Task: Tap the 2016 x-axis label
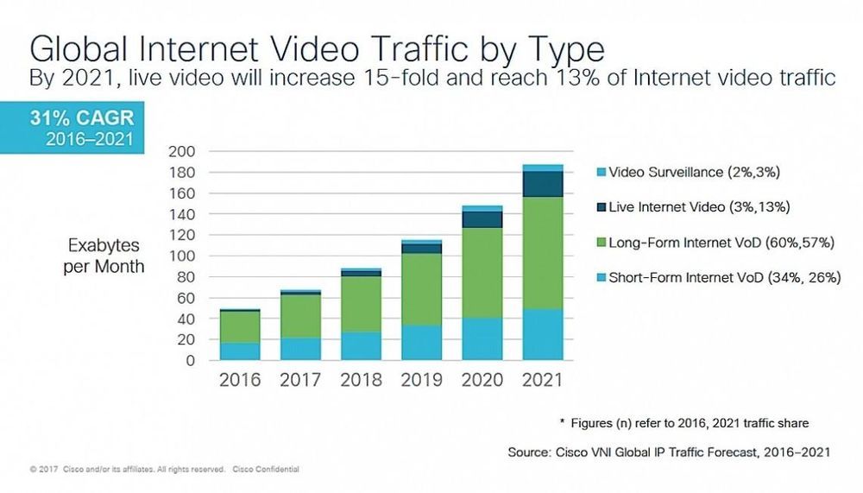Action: coord(239,380)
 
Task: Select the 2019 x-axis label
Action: coord(421,380)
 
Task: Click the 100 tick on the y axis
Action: coord(184,256)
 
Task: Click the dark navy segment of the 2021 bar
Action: coord(542,184)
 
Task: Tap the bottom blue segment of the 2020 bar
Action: coord(482,338)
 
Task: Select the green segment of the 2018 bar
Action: coord(361,304)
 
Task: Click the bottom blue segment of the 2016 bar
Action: coord(239,351)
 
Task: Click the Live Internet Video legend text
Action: coord(700,207)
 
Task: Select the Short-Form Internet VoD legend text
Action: coord(724,277)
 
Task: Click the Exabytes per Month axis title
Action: coord(104,256)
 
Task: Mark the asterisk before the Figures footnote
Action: coord(562,422)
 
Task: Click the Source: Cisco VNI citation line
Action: coord(669,452)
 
